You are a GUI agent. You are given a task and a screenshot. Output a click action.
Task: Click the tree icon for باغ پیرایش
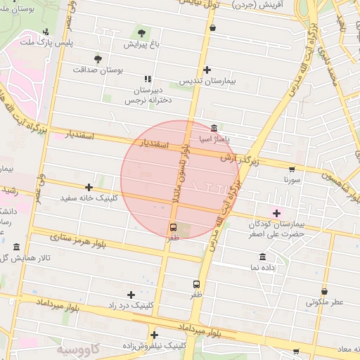click(142, 32)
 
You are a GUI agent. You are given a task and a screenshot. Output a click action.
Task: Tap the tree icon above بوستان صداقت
click(98, 59)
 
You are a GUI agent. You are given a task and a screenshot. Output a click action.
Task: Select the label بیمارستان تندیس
click(206, 82)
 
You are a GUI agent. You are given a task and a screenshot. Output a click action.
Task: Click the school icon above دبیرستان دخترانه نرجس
click(148, 79)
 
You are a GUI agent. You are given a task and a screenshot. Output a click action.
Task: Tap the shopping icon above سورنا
click(292, 169)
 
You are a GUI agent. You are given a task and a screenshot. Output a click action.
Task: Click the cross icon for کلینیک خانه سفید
click(89, 187)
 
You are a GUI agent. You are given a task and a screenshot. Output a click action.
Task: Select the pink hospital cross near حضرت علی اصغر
click(276, 212)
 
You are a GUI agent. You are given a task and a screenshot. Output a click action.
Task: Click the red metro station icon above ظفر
click(173, 227)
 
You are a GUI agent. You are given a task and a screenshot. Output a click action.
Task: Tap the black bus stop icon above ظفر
click(197, 284)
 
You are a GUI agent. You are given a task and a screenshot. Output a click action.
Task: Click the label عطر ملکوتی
click(324, 302)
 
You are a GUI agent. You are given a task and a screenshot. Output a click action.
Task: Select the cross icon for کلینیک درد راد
click(131, 295)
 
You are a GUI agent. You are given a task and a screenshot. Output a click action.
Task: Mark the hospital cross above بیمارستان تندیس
click(207, 70)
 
